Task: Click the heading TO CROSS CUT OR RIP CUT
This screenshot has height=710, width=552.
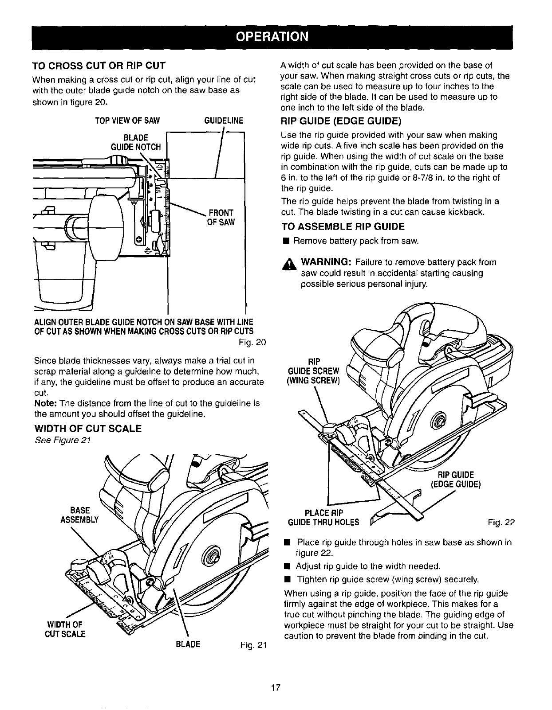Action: [99, 66]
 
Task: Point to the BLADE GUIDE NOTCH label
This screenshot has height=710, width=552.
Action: [138, 141]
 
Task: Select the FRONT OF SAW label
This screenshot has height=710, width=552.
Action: [221, 216]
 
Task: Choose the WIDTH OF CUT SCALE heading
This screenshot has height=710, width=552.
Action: [88, 429]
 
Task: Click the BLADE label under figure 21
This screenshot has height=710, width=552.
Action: [188, 644]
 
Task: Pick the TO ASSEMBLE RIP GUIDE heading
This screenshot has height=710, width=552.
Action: [343, 227]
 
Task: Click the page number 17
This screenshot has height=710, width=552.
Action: [276, 687]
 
